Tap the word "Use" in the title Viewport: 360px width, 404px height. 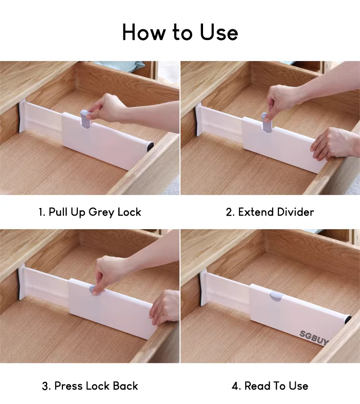point(219,32)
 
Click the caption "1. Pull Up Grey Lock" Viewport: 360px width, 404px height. point(90,212)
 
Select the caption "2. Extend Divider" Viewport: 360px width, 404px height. point(270,212)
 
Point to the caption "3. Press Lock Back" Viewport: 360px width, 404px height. point(90,386)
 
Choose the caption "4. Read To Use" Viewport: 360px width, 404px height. point(270,386)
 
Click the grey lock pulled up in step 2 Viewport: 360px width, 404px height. point(266,123)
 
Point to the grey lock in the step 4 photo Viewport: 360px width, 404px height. point(276,296)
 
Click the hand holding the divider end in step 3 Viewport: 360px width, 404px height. point(165,306)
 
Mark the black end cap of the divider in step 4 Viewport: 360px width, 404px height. point(348,319)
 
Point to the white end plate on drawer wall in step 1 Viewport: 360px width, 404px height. point(22,116)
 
